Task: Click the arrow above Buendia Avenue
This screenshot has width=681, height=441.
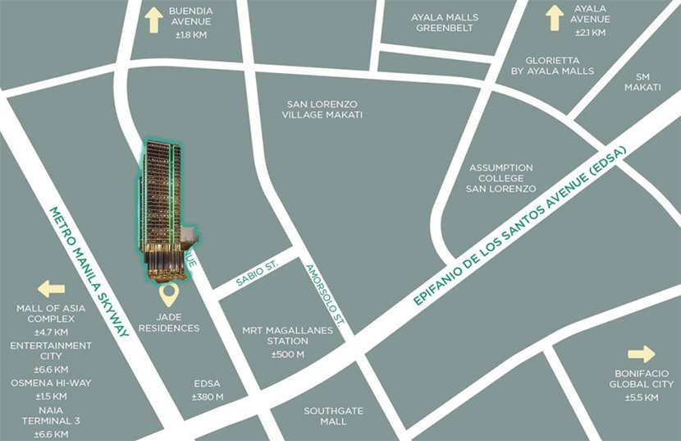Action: pos(153,21)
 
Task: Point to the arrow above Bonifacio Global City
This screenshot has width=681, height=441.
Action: pos(641,354)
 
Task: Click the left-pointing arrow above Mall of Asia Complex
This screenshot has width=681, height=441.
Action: pos(51,289)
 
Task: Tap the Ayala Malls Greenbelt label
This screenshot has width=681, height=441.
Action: pos(446,22)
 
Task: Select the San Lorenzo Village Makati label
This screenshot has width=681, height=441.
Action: pos(324,109)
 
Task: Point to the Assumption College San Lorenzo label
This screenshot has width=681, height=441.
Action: pos(500,178)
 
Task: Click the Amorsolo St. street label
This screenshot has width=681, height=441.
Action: pos(326,292)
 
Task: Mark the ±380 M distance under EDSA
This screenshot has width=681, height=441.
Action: pos(207,397)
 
